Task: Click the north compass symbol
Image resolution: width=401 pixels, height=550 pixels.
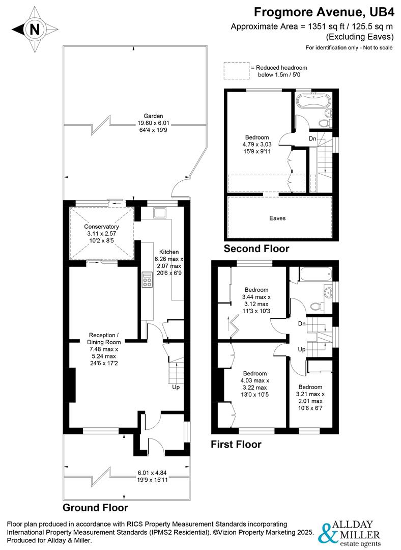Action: click(x=34, y=30)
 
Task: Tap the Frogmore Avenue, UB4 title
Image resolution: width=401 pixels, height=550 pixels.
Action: click(x=324, y=11)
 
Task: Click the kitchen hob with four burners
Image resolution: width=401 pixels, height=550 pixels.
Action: click(x=148, y=280)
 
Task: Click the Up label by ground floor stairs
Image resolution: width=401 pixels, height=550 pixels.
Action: click(x=176, y=387)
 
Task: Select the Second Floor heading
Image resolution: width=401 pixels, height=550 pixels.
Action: click(x=257, y=249)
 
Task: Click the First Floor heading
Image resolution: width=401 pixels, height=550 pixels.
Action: click(x=236, y=445)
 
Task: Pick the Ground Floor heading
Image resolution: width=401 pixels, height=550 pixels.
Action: click(x=95, y=508)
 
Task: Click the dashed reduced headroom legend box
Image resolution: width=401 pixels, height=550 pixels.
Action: click(x=236, y=71)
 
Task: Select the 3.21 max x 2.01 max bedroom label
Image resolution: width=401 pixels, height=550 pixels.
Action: click(x=310, y=394)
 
